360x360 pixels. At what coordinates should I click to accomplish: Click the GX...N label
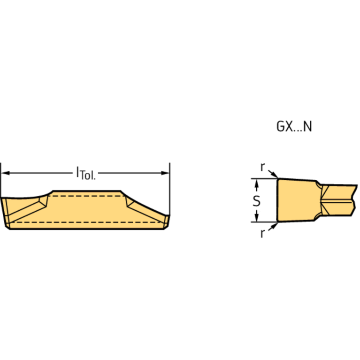click(x=293, y=127)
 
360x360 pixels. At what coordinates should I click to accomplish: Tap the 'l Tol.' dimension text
click(x=85, y=174)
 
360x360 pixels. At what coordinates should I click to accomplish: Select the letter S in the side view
click(x=256, y=200)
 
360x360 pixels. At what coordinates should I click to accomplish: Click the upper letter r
click(x=263, y=167)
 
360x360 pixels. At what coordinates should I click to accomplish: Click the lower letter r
click(x=262, y=233)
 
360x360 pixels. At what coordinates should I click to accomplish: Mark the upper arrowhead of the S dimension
click(x=256, y=182)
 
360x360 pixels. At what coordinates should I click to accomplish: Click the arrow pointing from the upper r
click(x=274, y=176)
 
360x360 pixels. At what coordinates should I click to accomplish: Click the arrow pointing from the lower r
click(x=274, y=225)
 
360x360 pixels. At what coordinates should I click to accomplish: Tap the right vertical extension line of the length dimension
click(x=169, y=188)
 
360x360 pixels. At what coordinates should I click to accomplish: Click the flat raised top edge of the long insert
click(x=87, y=191)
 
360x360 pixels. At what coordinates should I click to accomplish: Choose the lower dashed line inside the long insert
click(x=87, y=221)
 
